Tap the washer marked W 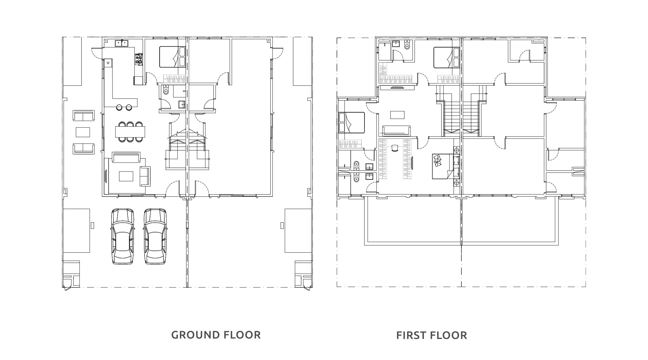pyautogui.click(x=108, y=63)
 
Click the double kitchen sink pyautogui.click(x=122, y=43)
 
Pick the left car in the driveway pyautogui.click(x=122, y=236)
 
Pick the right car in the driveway pyautogui.click(x=155, y=236)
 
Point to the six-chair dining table pyautogui.click(x=130, y=132)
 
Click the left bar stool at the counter pyautogui.click(x=119, y=107)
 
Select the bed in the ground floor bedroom pyautogui.click(x=172, y=57)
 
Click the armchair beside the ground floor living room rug pyautogui.click(x=145, y=176)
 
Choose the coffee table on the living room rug pyautogui.click(x=126, y=176)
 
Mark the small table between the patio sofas pyautogui.click(x=83, y=132)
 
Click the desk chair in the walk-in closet pyautogui.click(x=395, y=148)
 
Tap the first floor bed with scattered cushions pyautogui.click(x=446, y=166)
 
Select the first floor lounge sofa pyautogui.click(x=396, y=131)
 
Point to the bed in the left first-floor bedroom pyautogui.click(x=351, y=123)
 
